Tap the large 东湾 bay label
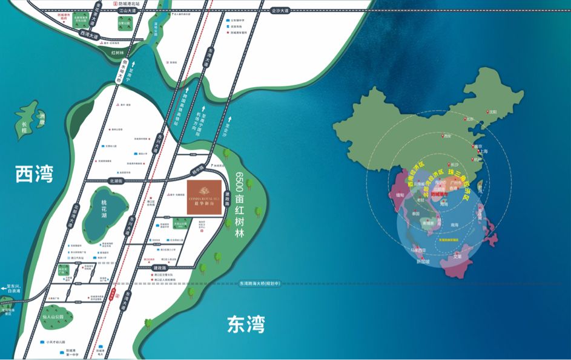click(246, 324)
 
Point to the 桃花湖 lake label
click(103, 210)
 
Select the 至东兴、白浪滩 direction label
click(14, 290)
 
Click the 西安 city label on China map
click(449, 137)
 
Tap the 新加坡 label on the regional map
click(423, 262)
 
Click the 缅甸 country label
click(400, 195)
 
